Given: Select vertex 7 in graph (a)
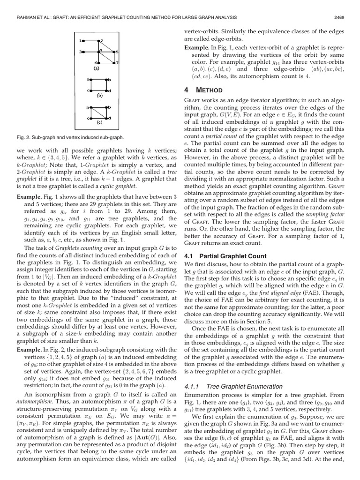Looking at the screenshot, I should coord(114,63).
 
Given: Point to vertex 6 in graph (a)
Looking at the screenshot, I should coord(99,63).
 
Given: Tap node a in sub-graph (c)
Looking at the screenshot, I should coord(91,108).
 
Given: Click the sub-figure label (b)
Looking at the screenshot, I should coord(99,96).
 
